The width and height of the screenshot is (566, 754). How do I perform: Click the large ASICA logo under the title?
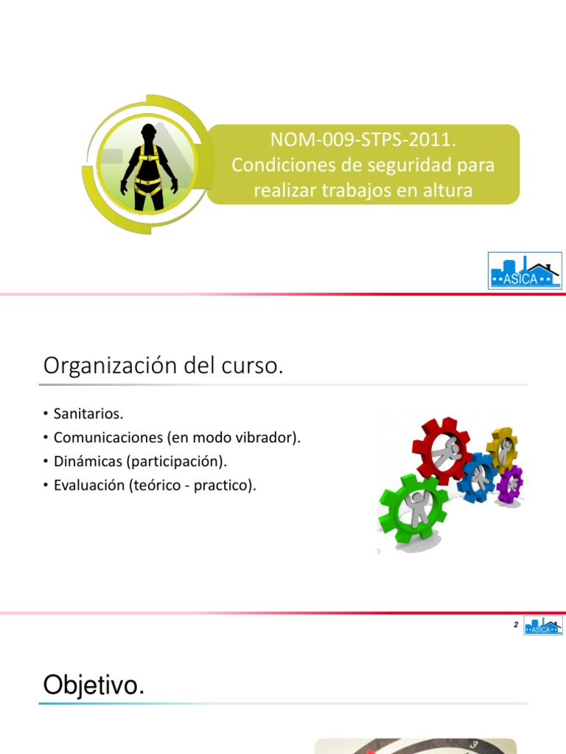click(525, 270)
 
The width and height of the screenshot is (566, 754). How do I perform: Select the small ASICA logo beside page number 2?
click(543, 626)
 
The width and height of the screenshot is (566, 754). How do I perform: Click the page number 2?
click(516, 625)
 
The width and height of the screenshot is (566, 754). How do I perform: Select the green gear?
click(412, 508)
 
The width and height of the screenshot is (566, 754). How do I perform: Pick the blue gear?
click(477, 476)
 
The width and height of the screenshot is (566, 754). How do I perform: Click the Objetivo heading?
click(93, 686)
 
